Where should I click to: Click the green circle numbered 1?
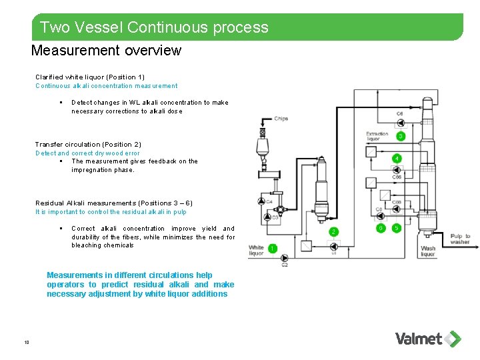[272, 249]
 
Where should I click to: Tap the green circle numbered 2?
[333, 231]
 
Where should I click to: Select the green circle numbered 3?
[401, 136]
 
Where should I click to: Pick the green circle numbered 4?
[397, 159]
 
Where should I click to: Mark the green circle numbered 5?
[397, 228]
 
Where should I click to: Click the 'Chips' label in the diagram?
[281, 119]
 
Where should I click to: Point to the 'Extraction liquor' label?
[377, 137]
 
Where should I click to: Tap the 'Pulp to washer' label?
[460, 239]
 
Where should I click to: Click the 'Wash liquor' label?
[428, 251]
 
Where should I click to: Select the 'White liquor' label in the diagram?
[257, 251]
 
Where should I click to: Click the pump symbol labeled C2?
[285, 257]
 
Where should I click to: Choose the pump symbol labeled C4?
[261, 201]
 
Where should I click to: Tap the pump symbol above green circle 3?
[400, 122]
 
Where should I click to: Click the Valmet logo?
[427, 339]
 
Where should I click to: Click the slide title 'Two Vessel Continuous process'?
[154, 27]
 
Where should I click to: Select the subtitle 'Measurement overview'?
[106, 51]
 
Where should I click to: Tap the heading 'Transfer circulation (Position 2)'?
[88, 145]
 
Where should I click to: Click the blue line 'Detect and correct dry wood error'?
[87, 153]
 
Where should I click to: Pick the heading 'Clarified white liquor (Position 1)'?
[90, 77]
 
